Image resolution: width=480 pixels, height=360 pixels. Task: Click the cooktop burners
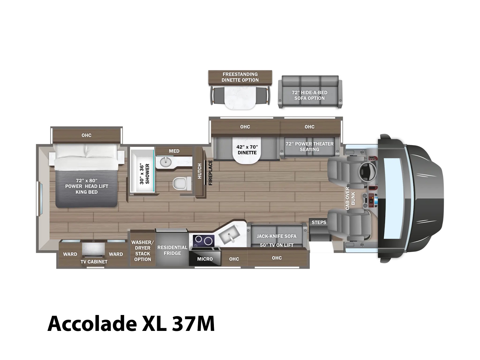tap(203, 240)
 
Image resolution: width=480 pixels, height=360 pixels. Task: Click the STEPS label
tap(319, 223)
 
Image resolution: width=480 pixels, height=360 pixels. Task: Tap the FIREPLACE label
tap(210, 173)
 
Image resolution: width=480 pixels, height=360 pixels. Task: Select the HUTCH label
tap(199, 171)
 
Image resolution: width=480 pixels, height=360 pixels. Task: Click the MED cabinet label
tap(174, 151)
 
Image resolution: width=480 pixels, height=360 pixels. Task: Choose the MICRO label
tap(205, 259)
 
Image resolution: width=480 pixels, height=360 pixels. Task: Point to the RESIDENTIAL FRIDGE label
tap(172, 250)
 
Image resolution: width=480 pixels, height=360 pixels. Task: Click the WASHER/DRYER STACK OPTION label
tap(142, 251)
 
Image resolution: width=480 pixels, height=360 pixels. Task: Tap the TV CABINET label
tap(94, 262)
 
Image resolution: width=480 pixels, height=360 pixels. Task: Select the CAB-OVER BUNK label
tap(350, 199)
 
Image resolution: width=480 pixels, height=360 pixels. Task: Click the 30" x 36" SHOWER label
tap(144, 174)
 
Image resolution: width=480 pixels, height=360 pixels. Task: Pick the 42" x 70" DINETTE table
tap(247, 150)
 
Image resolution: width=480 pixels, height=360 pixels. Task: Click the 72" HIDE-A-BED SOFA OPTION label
tap(309, 95)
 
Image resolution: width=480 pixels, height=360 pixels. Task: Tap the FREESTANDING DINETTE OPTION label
tap(240, 77)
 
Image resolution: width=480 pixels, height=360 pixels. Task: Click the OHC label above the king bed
tap(86, 135)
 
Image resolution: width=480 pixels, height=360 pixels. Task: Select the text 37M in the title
tap(193, 324)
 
